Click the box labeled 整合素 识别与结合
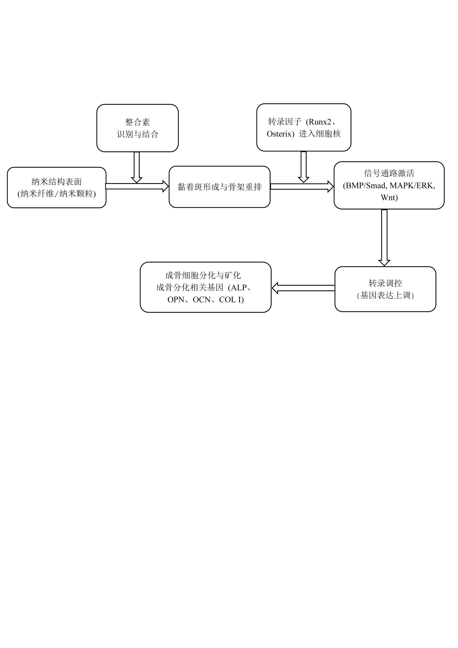[x=137, y=128]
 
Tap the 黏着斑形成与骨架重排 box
[x=219, y=187]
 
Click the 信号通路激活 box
[x=389, y=185]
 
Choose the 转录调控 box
[x=385, y=289]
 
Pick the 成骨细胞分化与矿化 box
[x=206, y=287]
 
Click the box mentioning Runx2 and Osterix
[x=303, y=128]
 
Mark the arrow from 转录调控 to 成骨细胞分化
[x=303, y=288]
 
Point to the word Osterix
[x=279, y=134]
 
